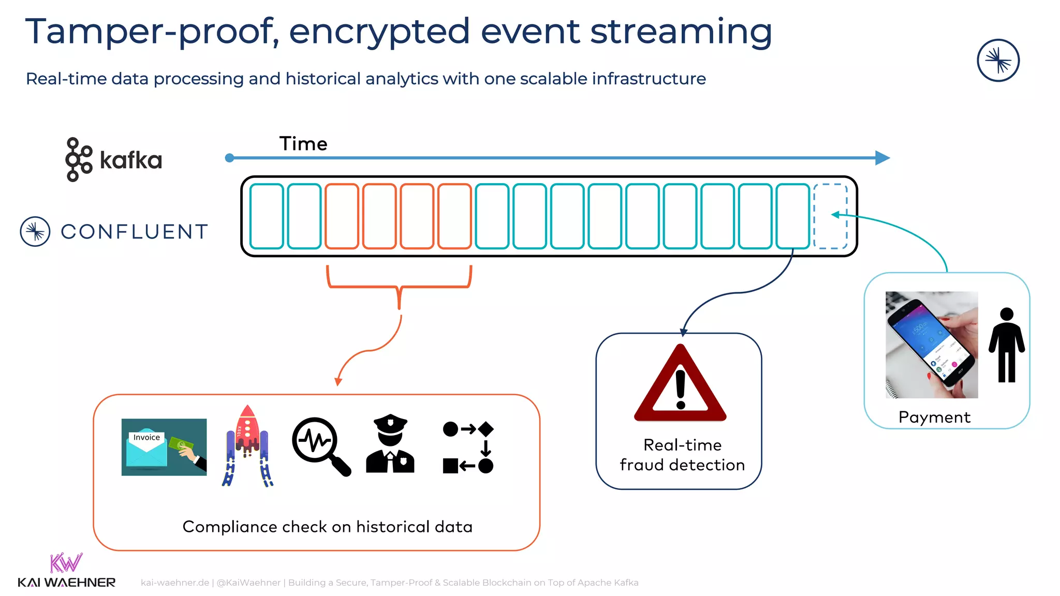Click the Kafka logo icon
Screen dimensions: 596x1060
click(x=79, y=159)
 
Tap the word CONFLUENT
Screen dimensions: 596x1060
click(x=135, y=232)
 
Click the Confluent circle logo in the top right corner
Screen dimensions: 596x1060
click(x=998, y=61)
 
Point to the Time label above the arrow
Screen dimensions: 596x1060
click(x=303, y=144)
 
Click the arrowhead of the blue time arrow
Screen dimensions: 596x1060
click(x=882, y=158)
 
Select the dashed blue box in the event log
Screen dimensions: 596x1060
click(x=830, y=216)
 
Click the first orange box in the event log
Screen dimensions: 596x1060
click(x=342, y=216)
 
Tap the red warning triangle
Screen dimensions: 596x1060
click(x=680, y=385)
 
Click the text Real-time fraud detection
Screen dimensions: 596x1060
click(x=682, y=455)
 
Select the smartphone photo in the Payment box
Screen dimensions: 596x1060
click(x=932, y=345)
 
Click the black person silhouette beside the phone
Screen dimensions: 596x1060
click(x=1007, y=345)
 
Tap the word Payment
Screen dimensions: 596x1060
click(x=934, y=417)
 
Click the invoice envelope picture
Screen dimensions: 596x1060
click(x=164, y=447)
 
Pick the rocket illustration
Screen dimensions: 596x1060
click(x=247, y=446)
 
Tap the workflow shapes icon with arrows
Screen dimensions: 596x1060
click(x=468, y=448)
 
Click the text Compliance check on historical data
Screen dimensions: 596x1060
click(x=327, y=527)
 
